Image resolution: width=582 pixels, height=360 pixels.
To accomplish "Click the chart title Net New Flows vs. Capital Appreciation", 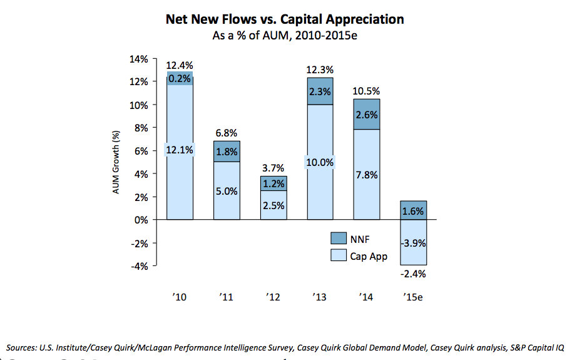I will (x=285, y=19).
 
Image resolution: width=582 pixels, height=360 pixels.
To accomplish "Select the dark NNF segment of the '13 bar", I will (x=319, y=91).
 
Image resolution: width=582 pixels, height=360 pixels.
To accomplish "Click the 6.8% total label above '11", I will (x=226, y=133).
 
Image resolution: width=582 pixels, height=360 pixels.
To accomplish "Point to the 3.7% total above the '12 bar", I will (x=273, y=168).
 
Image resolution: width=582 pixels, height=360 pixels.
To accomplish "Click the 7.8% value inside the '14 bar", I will (x=366, y=175).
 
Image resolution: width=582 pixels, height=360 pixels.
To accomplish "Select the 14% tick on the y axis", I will (x=139, y=59).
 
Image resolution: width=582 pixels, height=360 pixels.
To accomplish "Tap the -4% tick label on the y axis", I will (x=140, y=266).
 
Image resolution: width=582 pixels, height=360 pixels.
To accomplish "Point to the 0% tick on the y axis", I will (x=141, y=220).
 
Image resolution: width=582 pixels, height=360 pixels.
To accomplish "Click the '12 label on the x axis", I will (x=273, y=297).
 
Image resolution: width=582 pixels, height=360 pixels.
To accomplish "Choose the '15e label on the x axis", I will (x=412, y=297).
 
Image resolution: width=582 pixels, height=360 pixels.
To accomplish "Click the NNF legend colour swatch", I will (x=339, y=238).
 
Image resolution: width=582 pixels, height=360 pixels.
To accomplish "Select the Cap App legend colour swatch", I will (x=339, y=255).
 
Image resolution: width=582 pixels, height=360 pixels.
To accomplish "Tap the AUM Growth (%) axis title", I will (x=116, y=162).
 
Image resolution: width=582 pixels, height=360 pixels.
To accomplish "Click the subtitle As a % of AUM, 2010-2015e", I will (x=285, y=36).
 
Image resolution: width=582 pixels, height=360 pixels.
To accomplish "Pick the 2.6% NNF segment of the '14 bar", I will (x=366, y=115).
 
